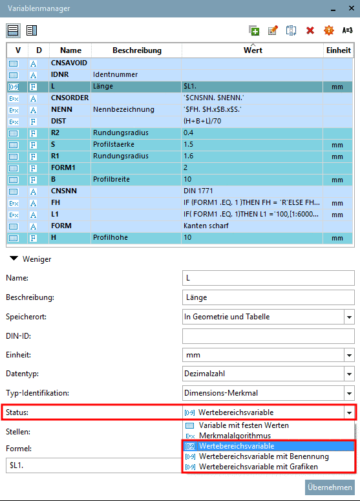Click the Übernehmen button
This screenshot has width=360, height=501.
(330, 487)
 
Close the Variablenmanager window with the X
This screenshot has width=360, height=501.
(350, 8)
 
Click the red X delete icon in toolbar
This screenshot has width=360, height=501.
(310, 30)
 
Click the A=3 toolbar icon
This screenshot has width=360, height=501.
(347, 30)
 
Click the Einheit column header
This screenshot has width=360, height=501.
(338, 50)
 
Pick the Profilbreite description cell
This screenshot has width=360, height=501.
(136, 180)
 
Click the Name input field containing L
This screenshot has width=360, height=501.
(268, 278)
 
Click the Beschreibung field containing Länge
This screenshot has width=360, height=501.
(268, 297)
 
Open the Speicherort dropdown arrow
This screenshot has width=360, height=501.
(349, 317)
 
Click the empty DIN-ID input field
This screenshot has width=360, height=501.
(268, 336)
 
